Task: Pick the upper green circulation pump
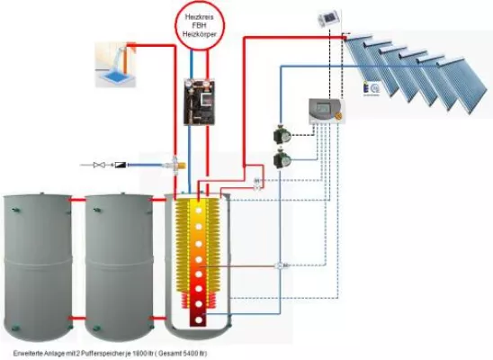pyautogui.click(x=281, y=138)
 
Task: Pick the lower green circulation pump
pyautogui.click(x=281, y=163)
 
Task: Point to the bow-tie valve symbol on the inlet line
pyautogui.click(x=102, y=165)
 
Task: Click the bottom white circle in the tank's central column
pyautogui.click(x=196, y=319)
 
